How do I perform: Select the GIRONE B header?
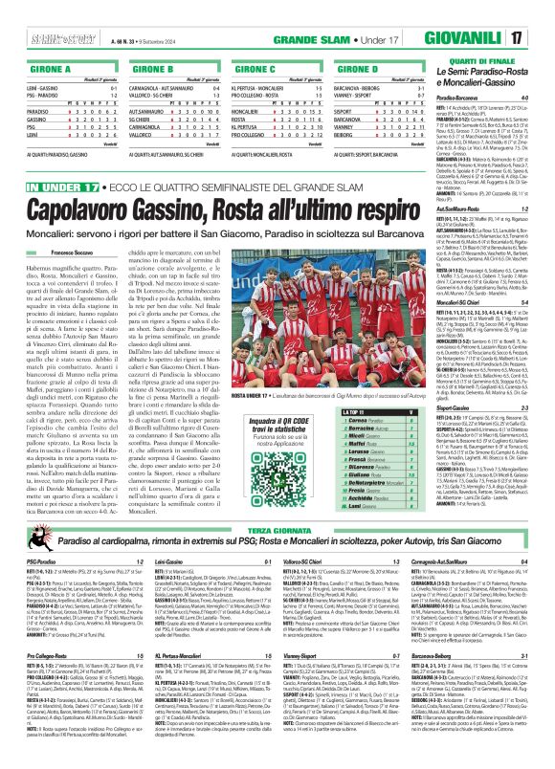[157, 70]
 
